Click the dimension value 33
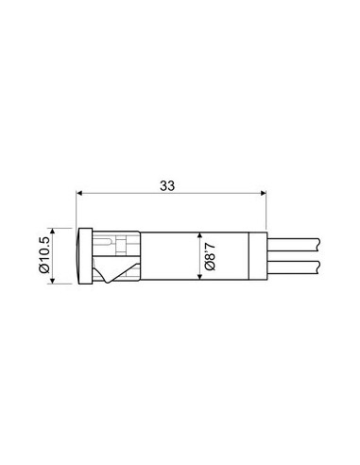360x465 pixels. (166, 187)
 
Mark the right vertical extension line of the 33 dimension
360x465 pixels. (267, 213)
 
